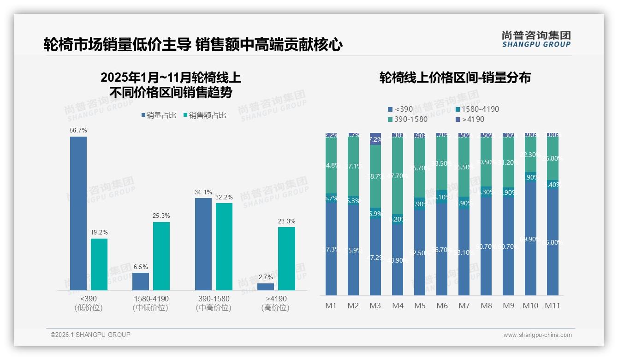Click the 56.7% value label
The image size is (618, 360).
(78, 131)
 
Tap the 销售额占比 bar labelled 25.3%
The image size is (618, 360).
(161, 256)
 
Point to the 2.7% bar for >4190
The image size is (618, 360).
(266, 287)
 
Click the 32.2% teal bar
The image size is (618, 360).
(224, 246)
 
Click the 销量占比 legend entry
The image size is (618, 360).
(159, 115)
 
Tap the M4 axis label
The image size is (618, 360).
(398, 306)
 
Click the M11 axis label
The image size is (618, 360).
(552, 306)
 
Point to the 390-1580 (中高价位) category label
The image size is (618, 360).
(213, 303)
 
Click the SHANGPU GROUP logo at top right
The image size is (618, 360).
(536, 39)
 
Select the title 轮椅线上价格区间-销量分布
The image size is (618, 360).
(455, 78)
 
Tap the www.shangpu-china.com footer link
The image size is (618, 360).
(537, 335)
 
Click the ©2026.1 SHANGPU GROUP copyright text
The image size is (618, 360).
(90, 335)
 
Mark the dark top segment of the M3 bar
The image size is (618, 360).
(375, 139)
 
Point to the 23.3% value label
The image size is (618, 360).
(286, 222)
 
